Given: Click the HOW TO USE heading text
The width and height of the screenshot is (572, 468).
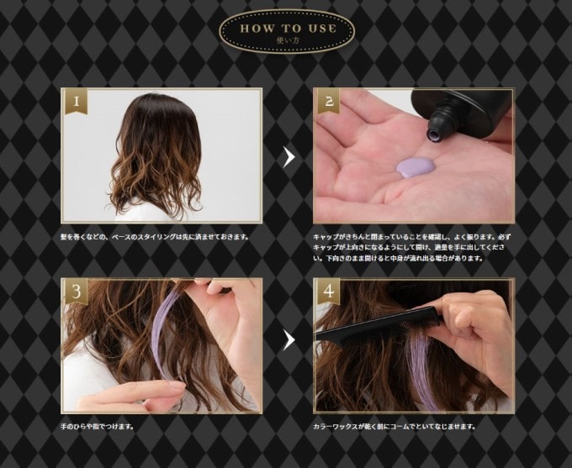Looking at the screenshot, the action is (289, 29).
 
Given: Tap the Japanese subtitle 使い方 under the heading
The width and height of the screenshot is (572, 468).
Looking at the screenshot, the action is (289, 40).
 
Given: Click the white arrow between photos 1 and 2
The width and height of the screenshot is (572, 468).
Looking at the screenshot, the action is (289, 156).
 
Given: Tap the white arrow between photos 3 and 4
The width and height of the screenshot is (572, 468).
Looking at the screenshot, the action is (289, 339).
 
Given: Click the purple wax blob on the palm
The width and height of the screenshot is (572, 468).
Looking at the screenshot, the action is (416, 167).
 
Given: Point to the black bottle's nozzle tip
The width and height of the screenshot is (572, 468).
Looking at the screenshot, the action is (434, 136).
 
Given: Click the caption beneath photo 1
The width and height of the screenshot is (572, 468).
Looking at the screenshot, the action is (155, 237).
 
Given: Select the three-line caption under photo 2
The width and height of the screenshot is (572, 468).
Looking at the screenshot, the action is (412, 248).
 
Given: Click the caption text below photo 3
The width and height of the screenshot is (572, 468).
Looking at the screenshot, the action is (97, 426).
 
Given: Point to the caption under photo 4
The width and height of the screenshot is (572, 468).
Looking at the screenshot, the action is (395, 426).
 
